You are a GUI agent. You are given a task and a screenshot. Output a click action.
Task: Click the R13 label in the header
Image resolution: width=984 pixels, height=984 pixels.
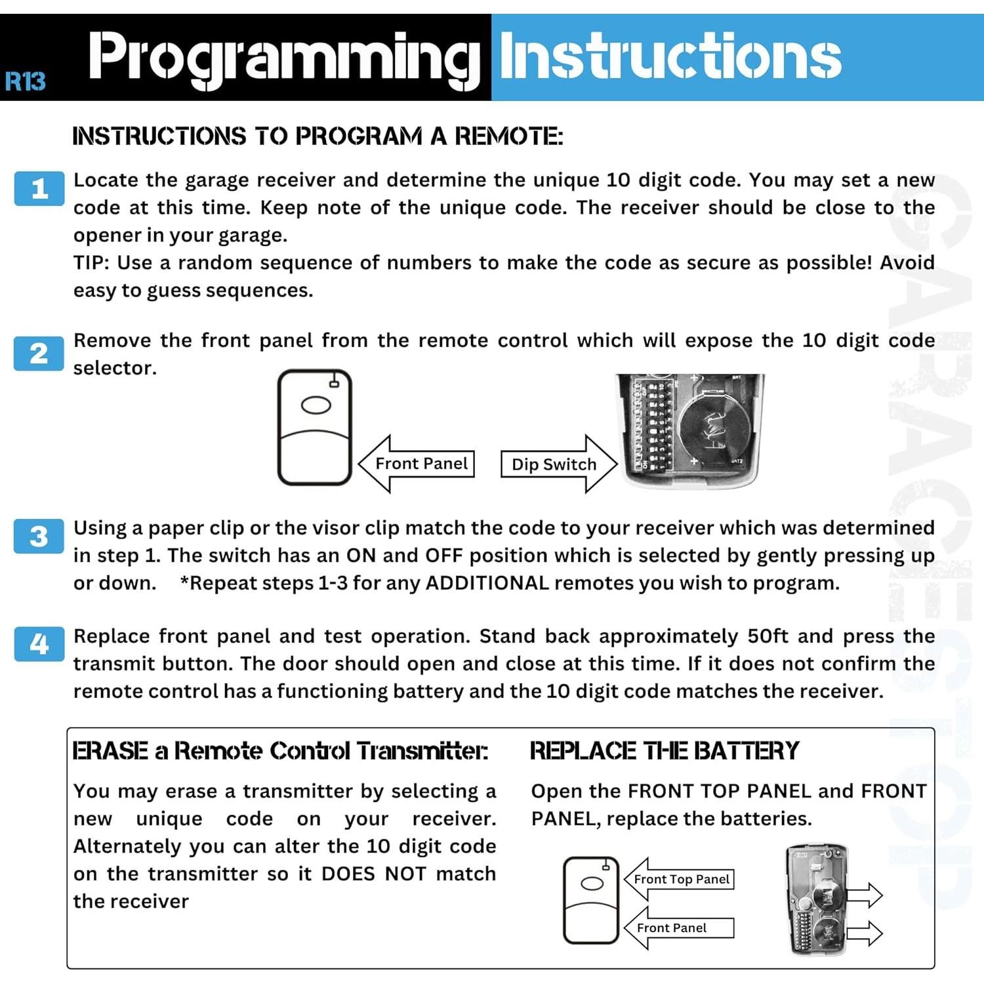tap(25, 81)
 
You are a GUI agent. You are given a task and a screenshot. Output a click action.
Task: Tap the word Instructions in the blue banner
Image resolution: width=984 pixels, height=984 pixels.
tap(670, 56)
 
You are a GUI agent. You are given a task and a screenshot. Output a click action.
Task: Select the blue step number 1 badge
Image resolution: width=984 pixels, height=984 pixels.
tap(39, 189)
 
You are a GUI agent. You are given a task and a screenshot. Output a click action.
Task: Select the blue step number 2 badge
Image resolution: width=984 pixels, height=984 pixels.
tap(39, 354)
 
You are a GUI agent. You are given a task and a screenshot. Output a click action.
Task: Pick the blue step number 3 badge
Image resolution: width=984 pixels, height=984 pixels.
tap(39, 537)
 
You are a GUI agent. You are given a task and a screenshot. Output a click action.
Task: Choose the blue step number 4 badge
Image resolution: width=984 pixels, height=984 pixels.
tap(39, 644)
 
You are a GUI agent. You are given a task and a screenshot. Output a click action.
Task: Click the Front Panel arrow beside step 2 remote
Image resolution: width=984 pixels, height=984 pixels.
tap(417, 464)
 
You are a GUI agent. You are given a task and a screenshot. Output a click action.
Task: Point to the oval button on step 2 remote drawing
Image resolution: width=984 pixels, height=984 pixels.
tap(316, 405)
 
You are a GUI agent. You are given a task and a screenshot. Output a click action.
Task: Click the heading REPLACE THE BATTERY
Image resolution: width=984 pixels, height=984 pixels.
tap(664, 750)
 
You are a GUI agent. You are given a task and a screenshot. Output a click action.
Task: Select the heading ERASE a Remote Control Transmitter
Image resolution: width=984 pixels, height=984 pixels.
tap(280, 750)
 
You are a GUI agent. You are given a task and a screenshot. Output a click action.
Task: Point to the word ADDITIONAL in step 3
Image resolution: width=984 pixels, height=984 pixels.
tap(487, 583)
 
